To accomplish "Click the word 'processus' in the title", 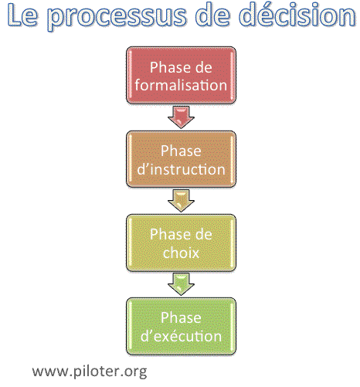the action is pyautogui.click(x=117, y=16).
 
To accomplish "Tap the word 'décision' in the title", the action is pyautogui.click(x=298, y=15).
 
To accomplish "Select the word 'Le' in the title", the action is pyautogui.click(x=22, y=15).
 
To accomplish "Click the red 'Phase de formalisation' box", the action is pyautogui.click(x=181, y=75).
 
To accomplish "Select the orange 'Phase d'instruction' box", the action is pyautogui.click(x=181, y=159).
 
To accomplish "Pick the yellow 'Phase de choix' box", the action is pyautogui.click(x=181, y=243).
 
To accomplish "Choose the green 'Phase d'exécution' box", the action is pyautogui.click(x=181, y=327).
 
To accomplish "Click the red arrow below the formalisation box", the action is pyautogui.click(x=181, y=117).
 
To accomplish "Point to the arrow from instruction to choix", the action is pyautogui.click(x=181, y=201).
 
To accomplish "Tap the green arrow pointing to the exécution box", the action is pyautogui.click(x=181, y=284).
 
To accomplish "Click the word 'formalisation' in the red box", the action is pyautogui.click(x=181, y=85).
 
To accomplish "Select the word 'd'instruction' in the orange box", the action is pyautogui.click(x=181, y=169).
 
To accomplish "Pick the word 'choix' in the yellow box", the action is pyautogui.click(x=181, y=253).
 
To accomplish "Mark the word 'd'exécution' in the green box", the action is pyautogui.click(x=181, y=336).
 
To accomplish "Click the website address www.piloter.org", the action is pyautogui.click(x=90, y=372).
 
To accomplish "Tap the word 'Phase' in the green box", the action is pyautogui.click(x=181, y=317).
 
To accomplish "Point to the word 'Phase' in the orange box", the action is pyautogui.click(x=181, y=151).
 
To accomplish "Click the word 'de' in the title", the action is pyautogui.click(x=213, y=15).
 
